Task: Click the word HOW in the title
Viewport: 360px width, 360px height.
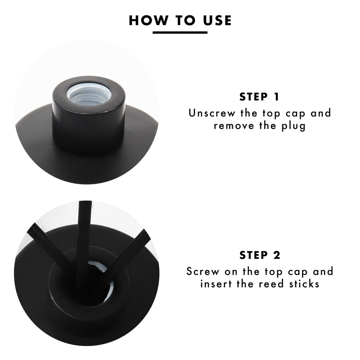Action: coord(148,20)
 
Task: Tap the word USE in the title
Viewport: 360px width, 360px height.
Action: coord(217,20)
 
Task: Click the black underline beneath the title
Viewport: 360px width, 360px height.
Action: coord(180,33)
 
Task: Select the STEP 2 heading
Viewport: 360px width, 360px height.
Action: coord(260,255)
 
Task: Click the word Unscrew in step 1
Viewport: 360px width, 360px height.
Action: coord(212,113)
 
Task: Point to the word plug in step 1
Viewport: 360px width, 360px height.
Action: coord(294,126)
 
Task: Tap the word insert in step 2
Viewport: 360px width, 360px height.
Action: coord(216,284)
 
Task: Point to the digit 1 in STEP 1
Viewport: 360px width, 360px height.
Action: coord(276,96)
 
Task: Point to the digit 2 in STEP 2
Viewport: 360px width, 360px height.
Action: coord(277,255)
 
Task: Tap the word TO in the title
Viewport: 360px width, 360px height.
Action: coord(185,20)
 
